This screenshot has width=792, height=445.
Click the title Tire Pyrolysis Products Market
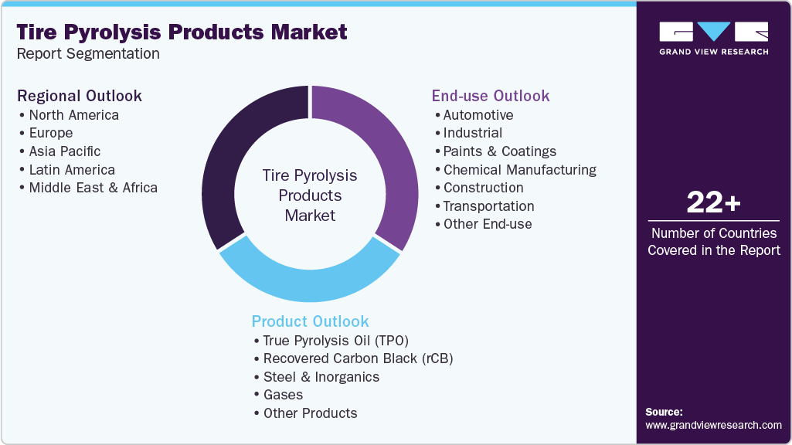[182, 32]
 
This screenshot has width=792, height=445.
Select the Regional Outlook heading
[80, 96]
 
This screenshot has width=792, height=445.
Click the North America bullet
[73, 115]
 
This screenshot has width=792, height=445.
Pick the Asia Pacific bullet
[65, 151]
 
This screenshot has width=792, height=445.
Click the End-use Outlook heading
[491, 96]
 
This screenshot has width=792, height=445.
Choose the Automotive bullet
[478, 115]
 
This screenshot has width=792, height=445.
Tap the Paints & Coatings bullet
[499, 151]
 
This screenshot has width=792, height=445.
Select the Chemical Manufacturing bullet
[519, 170]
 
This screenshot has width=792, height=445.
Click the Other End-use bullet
[487, 224]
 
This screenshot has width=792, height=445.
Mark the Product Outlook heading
[310, 321]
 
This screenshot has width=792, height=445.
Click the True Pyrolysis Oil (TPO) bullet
[335, 341]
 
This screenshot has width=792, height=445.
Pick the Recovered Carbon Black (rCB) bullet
[358, 358]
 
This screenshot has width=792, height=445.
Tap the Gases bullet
[283, 395]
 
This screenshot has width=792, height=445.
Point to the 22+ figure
[713, 203]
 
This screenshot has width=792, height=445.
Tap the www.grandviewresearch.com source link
[713, 425]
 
